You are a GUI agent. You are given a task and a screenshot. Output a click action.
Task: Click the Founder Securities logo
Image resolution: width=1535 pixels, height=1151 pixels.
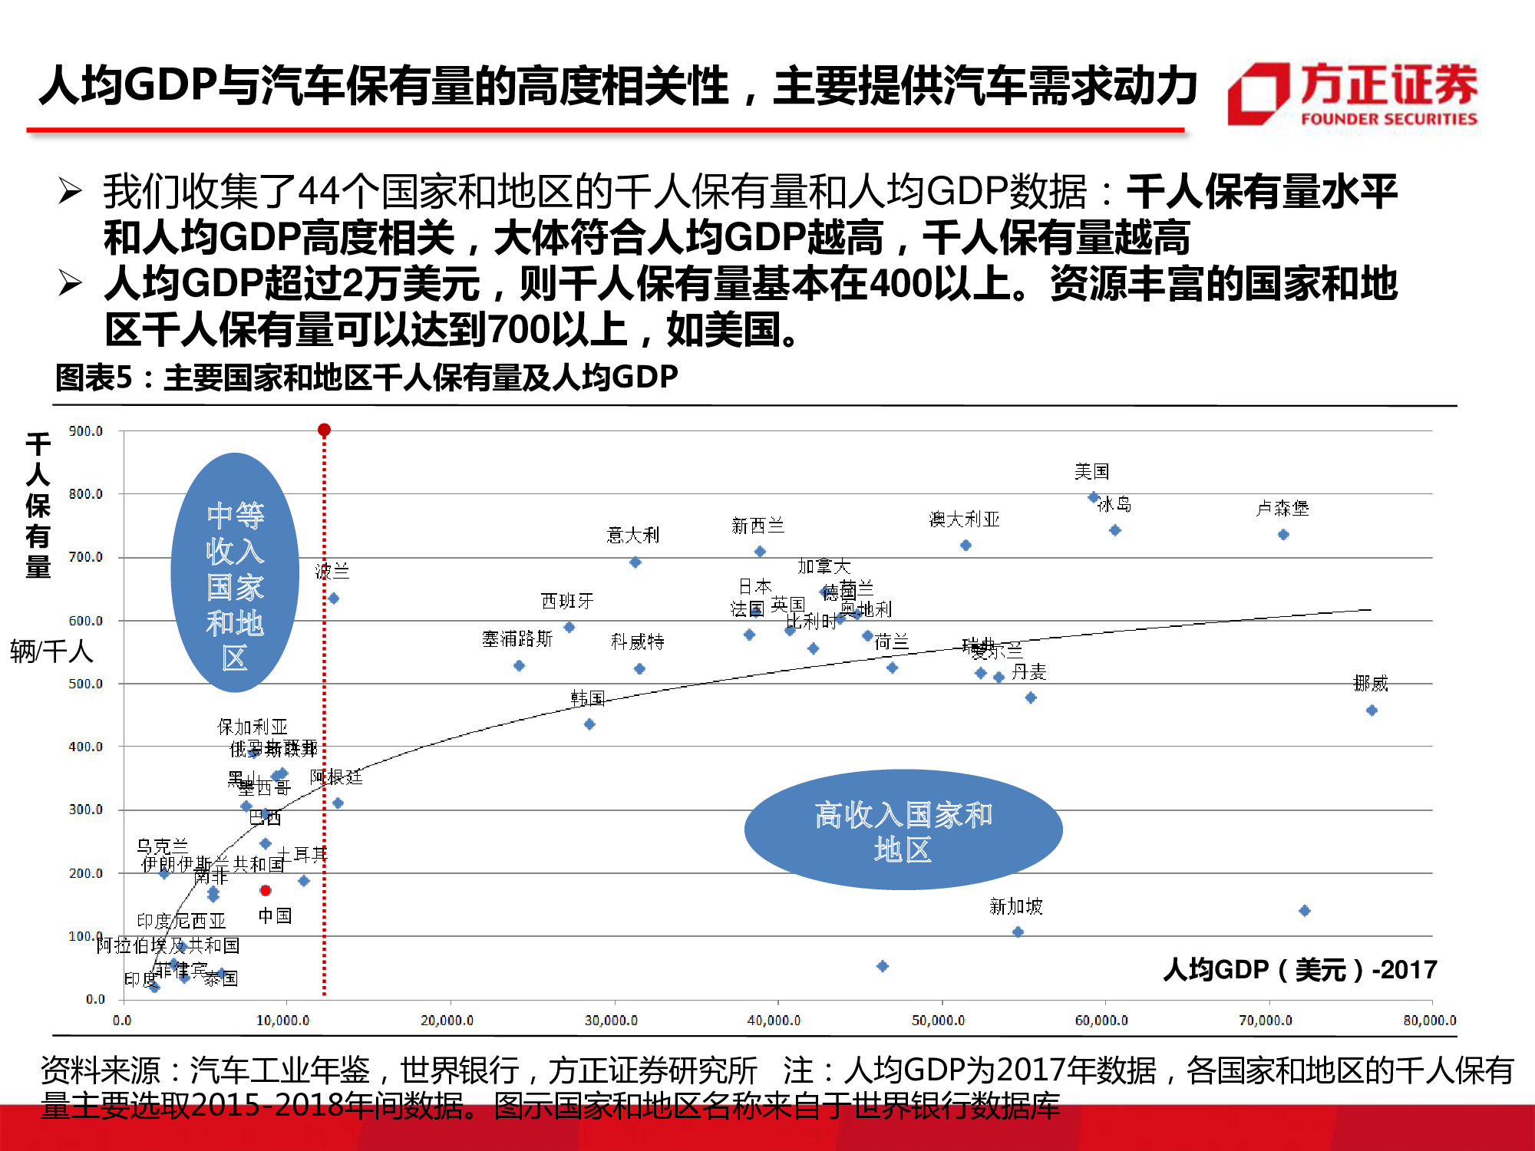(x=1353, y=94)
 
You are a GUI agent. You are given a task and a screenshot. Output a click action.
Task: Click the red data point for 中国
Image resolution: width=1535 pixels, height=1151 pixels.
(x=266, y=890)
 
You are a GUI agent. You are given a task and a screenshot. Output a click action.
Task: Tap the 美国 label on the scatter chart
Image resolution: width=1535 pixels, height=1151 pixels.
(x=1091, y=471)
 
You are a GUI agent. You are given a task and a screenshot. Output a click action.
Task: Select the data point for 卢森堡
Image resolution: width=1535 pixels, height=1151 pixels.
(x=1283, y=534)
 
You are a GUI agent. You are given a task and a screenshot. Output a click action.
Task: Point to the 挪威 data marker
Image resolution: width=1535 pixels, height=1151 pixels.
(x=1372, y=711)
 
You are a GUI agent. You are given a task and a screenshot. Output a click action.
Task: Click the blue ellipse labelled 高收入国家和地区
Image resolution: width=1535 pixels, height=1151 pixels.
(x=903, y=829)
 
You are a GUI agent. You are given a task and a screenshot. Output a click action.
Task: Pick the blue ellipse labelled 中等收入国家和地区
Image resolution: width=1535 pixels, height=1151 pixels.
(x=235, y=572)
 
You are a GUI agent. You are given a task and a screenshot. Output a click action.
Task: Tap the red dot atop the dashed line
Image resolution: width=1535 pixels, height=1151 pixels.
(x=324, y=430)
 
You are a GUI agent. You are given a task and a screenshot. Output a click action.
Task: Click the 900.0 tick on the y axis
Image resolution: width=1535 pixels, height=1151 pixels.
(x=85, y=431)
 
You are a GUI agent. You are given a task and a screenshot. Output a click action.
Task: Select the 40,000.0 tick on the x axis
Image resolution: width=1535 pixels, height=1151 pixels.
(x=774, y=1021)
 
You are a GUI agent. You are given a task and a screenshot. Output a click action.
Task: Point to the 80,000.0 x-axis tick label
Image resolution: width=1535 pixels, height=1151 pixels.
(x=1429, y=1021)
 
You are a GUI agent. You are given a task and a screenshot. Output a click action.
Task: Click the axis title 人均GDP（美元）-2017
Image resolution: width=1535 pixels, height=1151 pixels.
(x=1299, y=970)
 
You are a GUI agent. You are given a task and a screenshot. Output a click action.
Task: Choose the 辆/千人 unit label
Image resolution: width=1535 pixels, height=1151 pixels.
(x=51, y=651)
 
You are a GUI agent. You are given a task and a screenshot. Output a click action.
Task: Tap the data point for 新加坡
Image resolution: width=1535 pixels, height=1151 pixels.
(x=1018, y=932)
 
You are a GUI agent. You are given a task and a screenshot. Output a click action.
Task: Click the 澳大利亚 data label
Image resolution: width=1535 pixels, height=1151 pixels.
(x=964, y=519)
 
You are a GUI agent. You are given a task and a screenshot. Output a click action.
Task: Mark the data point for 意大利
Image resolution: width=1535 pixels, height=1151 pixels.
(x=635, y=562)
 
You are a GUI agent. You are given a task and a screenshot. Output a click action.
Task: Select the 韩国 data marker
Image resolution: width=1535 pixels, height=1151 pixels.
(x=589, y=724)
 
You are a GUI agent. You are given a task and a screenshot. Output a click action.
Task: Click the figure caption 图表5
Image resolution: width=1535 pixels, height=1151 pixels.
(x=366, y=377)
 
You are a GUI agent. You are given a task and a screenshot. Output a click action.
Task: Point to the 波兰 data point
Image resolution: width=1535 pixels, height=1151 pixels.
(x=333, y=599)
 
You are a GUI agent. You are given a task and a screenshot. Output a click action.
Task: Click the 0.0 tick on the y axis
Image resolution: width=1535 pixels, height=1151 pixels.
(x=94, y=999)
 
